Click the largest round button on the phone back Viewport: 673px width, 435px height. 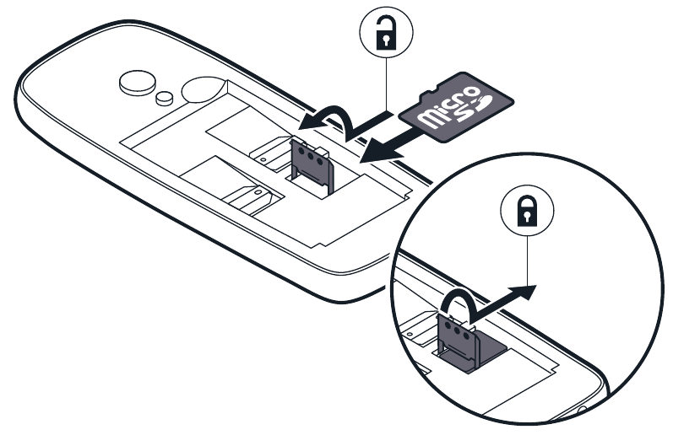click(x=134, y=82)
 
